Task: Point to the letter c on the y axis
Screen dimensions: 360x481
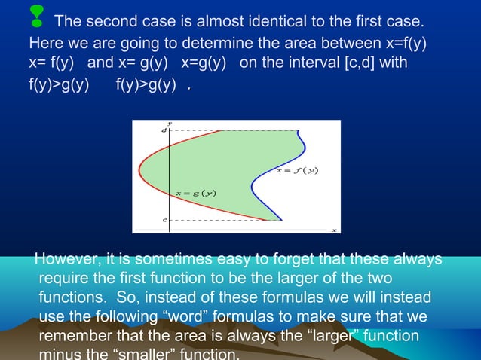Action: (165, 220)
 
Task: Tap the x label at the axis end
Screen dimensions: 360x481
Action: (334, 230)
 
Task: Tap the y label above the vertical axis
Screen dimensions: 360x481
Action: (170, 123)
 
